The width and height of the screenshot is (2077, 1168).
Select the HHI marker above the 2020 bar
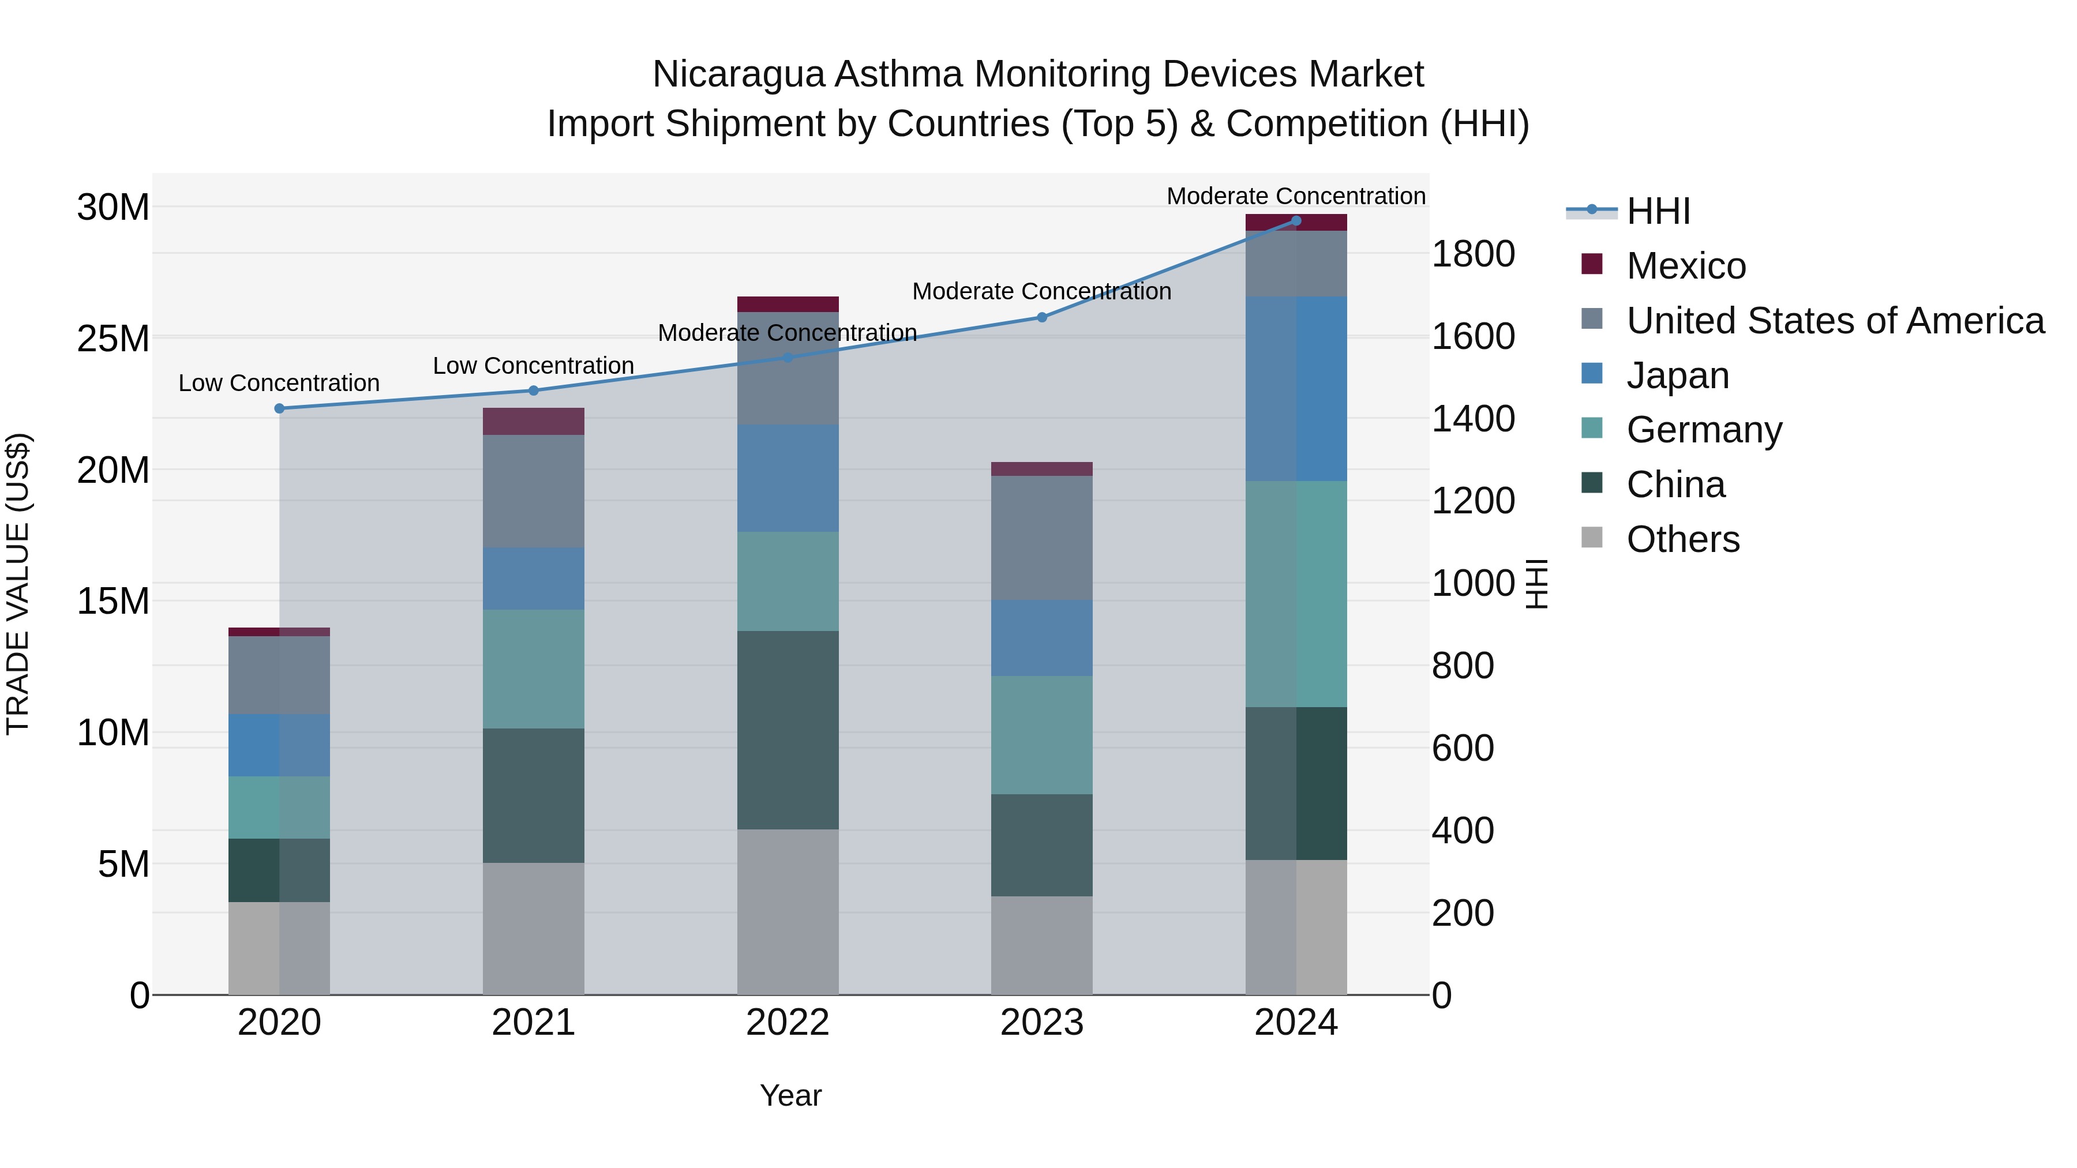(x=280, y=409)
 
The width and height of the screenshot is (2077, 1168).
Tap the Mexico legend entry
(x=1685, y=266)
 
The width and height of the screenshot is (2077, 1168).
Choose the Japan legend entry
(x=1677, y=375)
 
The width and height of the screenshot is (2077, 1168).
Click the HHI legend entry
(x=1657, y=211)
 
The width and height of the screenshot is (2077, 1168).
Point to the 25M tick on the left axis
(x=113, y=339)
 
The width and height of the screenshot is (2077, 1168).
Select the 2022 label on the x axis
(x=787, y=1023)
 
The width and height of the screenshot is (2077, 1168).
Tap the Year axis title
(x=790, y=1095)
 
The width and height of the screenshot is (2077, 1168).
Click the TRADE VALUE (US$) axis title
(x=18, y=584)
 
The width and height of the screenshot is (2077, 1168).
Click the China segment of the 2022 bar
(x=787, y=730)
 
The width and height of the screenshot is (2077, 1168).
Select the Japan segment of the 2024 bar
(x=1296, y=389)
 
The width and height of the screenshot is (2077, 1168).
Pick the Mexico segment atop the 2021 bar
(x=533, y=422)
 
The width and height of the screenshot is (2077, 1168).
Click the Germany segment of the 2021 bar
(x=533, y=669)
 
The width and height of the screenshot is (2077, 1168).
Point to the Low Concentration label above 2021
(x=533, y=366)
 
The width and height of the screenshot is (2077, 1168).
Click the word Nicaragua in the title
(x=738, y=74)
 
